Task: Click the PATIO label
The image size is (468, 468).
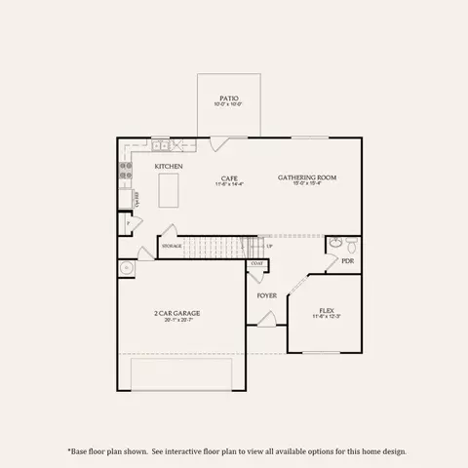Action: click(229, 97)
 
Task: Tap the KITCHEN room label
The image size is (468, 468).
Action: click(169, 167)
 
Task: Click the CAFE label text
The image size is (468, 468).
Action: click(229, 177)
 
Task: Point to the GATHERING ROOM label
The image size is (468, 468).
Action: click(307, 176)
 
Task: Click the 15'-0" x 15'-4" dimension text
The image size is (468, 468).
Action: click(307, 183)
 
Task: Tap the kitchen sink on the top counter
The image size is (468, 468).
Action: click(160, 146)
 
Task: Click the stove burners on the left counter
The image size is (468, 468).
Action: click(125, 172)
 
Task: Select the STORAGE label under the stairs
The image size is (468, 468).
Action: click(172, 246)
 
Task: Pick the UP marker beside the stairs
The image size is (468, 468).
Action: click(269, 246)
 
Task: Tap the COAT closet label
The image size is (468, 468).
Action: click(257, 263)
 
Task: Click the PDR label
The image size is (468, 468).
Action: click(347, 261)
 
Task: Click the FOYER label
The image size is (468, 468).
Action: click(266, 294)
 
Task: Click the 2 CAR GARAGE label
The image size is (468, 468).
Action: click(176, 313)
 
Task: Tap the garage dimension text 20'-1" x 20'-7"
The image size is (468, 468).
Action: click(176, 320)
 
